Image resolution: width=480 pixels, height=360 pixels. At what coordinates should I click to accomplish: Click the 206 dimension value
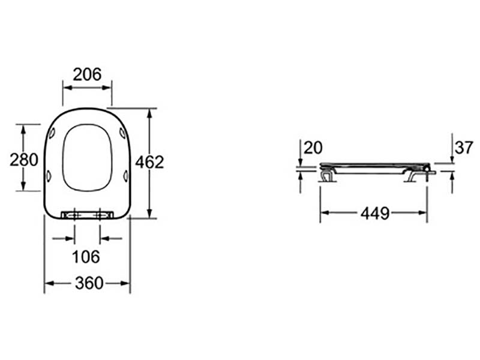87,74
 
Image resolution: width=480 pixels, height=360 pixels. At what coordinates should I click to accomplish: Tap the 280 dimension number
24,160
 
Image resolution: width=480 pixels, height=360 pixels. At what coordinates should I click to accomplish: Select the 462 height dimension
149,162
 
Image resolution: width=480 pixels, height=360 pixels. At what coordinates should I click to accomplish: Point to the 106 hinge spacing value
86,257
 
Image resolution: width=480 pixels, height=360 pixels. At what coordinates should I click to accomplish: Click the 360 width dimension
89,283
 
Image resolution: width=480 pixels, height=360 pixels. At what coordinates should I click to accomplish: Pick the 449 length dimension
376,213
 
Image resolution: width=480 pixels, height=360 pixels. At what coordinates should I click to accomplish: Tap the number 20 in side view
313,148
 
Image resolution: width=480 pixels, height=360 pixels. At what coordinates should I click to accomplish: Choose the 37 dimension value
464,148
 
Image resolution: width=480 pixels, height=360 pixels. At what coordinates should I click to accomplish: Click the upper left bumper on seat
52,133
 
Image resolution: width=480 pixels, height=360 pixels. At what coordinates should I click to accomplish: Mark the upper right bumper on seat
122,133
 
